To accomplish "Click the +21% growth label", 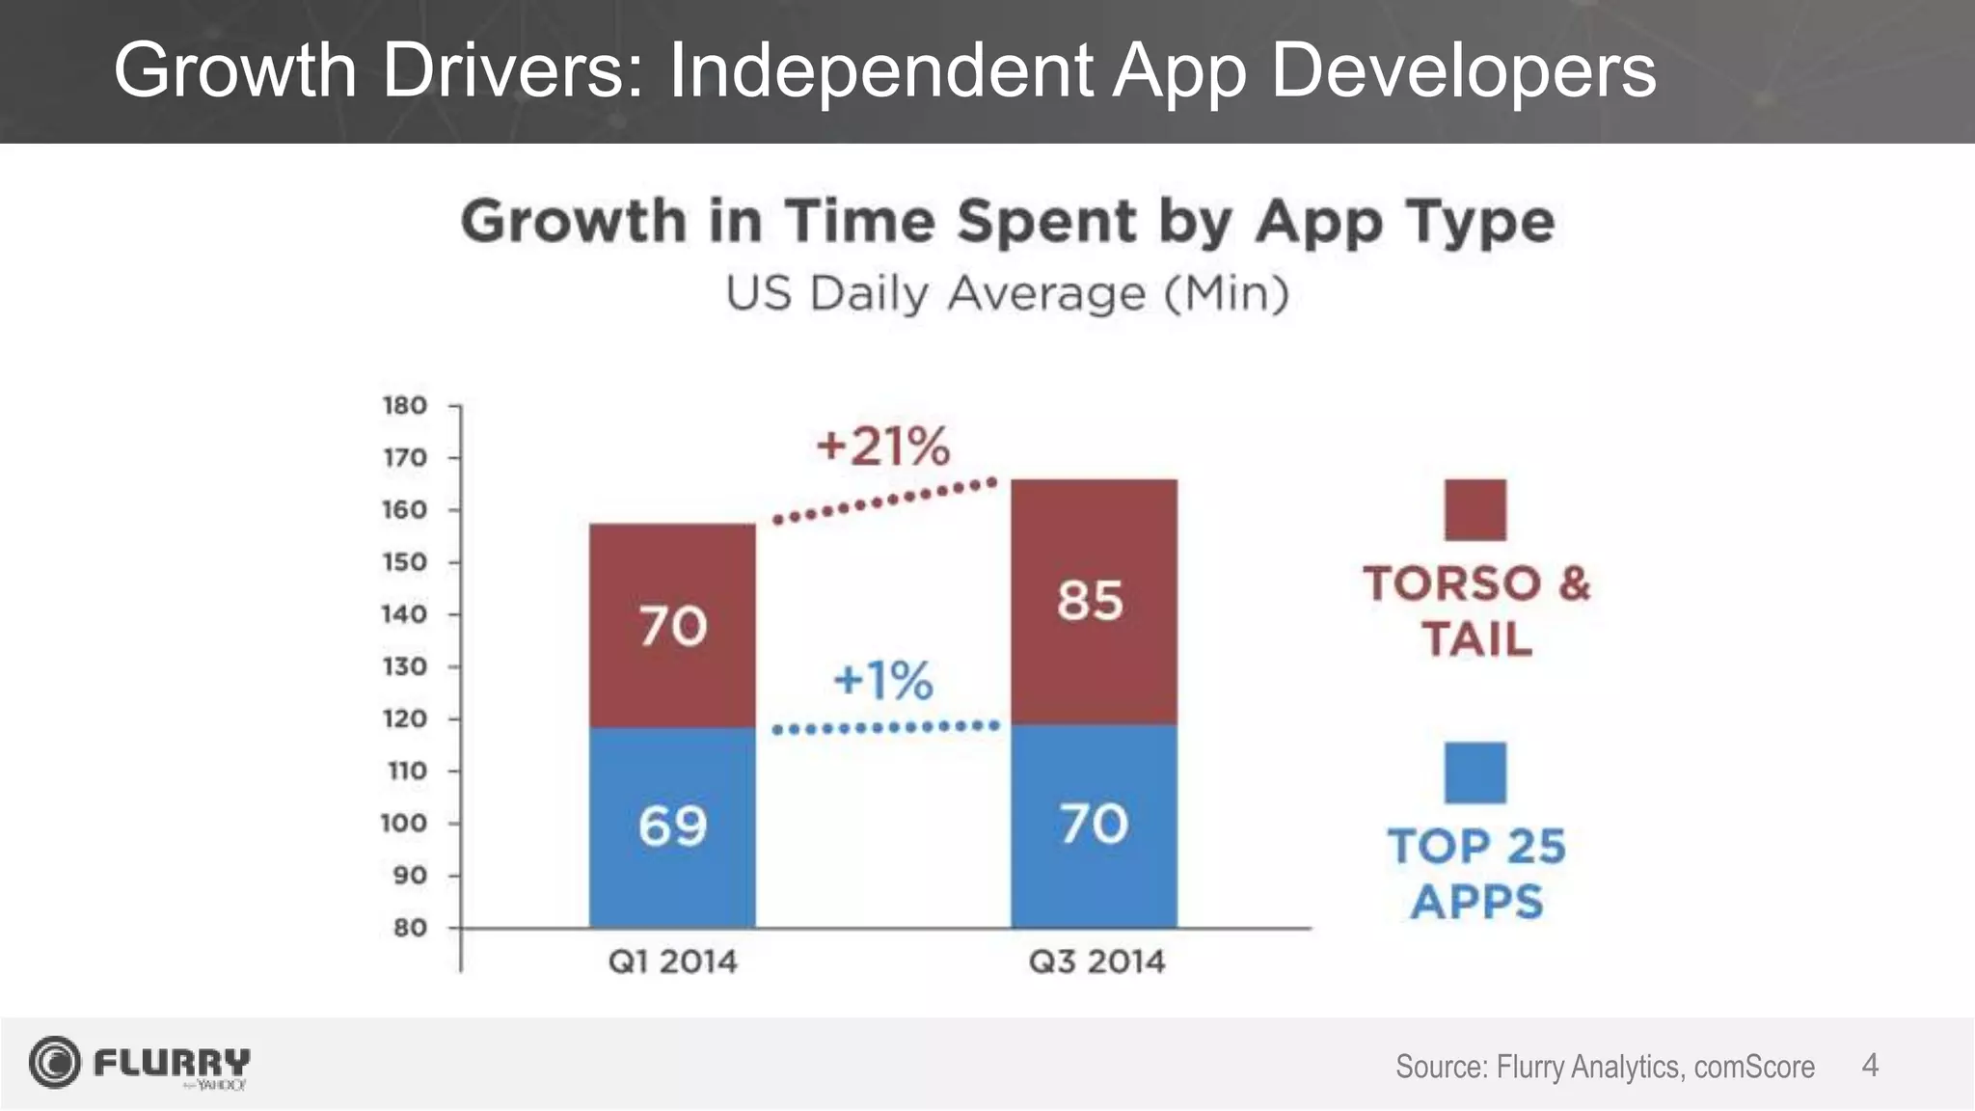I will coord(882,447).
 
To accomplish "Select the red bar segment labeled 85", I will coord(1094,601).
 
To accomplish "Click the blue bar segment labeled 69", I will coord(672,826).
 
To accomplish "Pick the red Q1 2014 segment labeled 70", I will coord(672,626).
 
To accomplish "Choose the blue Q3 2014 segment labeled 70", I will coord(1094,825).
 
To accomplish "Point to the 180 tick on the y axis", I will coord(405,406).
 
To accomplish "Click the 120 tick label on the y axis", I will coord(405,719).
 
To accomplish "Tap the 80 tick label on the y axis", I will coord(410,928).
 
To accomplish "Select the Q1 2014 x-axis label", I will coord(672,962).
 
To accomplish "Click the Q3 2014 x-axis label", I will coord(1096,962).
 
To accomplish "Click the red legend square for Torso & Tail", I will coord(1474,509).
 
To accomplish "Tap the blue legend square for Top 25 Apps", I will coord(1474,772).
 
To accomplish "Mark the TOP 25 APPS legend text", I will coord(1476,874).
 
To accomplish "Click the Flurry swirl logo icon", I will coord(54,1063).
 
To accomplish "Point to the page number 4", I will coord(1869,1066).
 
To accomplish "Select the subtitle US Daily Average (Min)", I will coord(1007,293).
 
